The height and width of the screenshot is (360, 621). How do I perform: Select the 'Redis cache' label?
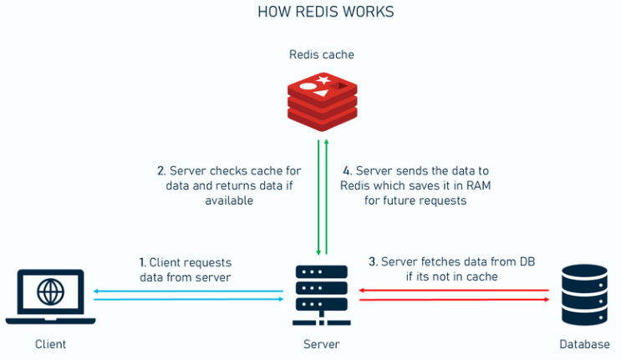[x=322, y=55]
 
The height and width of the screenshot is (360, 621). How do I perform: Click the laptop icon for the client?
[x=51, y=296]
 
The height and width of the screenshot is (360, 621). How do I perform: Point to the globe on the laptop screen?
[x=51, y=291]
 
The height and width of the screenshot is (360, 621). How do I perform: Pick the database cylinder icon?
[x=585, y=294]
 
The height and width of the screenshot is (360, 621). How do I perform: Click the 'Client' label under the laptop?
[x=51, y=344]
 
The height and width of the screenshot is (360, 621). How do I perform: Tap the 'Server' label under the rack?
[x=321, y=344]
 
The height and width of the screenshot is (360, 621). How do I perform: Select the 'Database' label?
[x=585, y=344]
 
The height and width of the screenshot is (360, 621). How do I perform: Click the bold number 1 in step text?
[x=141, y=261]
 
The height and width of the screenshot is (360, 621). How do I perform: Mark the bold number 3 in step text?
[x=372, y=261]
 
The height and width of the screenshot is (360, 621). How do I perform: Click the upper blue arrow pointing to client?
[x=189, y=290]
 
